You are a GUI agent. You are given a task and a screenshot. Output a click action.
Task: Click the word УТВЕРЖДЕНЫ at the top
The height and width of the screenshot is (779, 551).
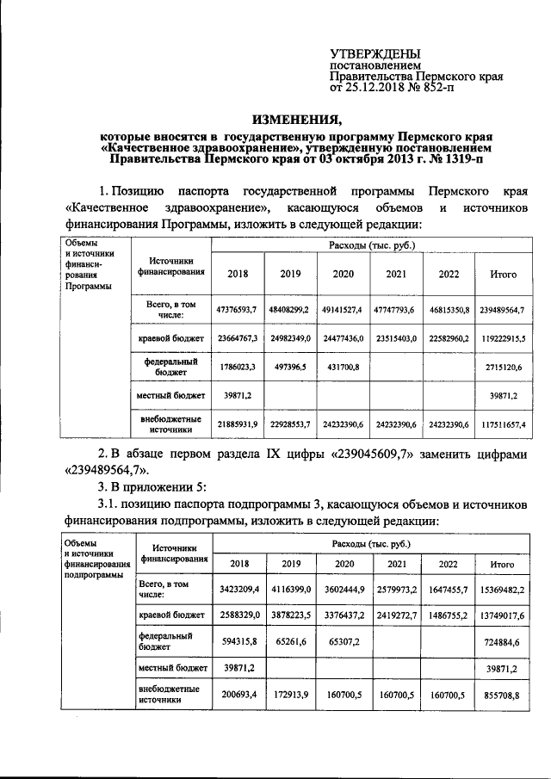pyautogui.click(x=372, y=54)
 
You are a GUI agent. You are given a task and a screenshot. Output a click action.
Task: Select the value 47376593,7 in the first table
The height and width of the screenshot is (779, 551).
pyautogui.click(x=238, y=308)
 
